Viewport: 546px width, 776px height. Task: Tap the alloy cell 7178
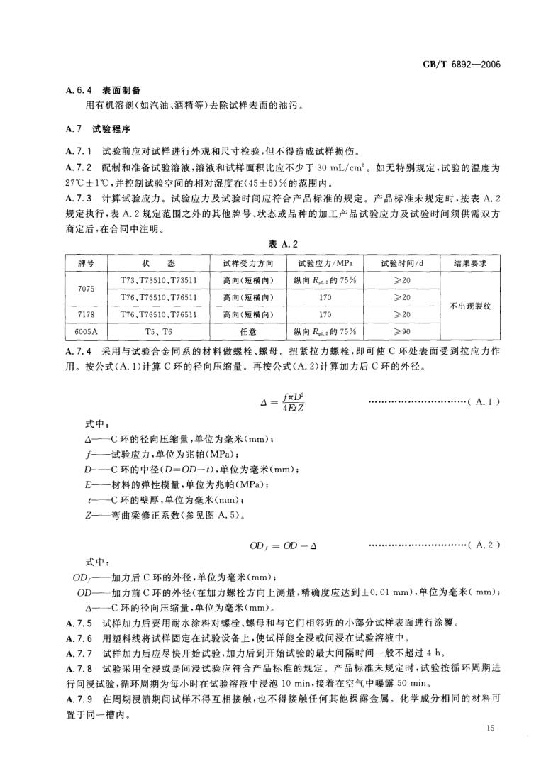[x=87, y=313]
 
